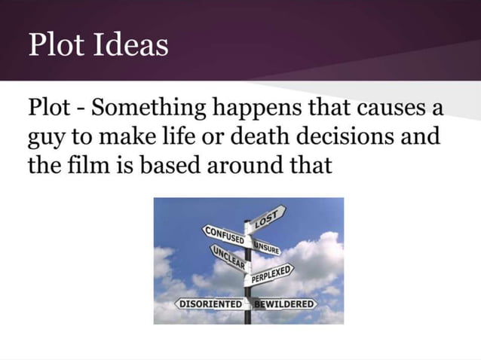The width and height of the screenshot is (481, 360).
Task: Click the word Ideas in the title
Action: pos(131,45)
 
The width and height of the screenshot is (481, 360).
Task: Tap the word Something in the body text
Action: pos(144,108)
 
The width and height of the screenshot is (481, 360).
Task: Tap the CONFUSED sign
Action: pos(224,234)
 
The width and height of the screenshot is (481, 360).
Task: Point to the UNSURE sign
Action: pos(268,246)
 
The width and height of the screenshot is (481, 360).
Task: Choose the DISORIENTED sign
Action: pos(210,304)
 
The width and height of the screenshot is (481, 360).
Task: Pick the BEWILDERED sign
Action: pos(285,304)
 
